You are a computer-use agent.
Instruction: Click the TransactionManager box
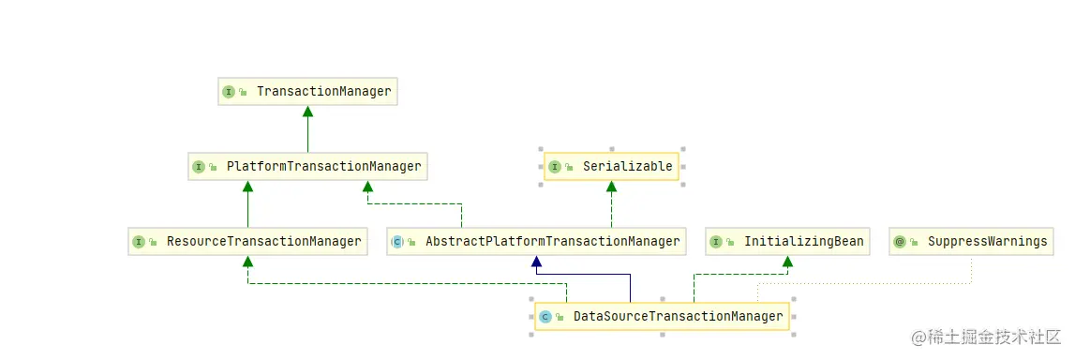click(307, 92)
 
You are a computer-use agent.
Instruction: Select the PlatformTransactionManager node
click(307, 167)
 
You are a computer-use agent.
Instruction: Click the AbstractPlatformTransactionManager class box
click(536, 242)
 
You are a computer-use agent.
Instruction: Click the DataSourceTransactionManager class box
click(662, 317)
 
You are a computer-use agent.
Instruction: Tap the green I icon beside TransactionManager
click(229, 92)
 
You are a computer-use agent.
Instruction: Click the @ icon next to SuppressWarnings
click(900, 242)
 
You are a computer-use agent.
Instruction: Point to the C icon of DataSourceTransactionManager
click(545, 317)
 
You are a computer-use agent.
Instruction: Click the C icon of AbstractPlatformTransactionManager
click(397, 242)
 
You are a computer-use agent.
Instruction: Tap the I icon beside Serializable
click(555, 167)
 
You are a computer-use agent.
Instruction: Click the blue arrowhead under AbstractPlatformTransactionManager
click(536, 262)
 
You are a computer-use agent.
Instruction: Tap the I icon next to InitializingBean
click(716, 242)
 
